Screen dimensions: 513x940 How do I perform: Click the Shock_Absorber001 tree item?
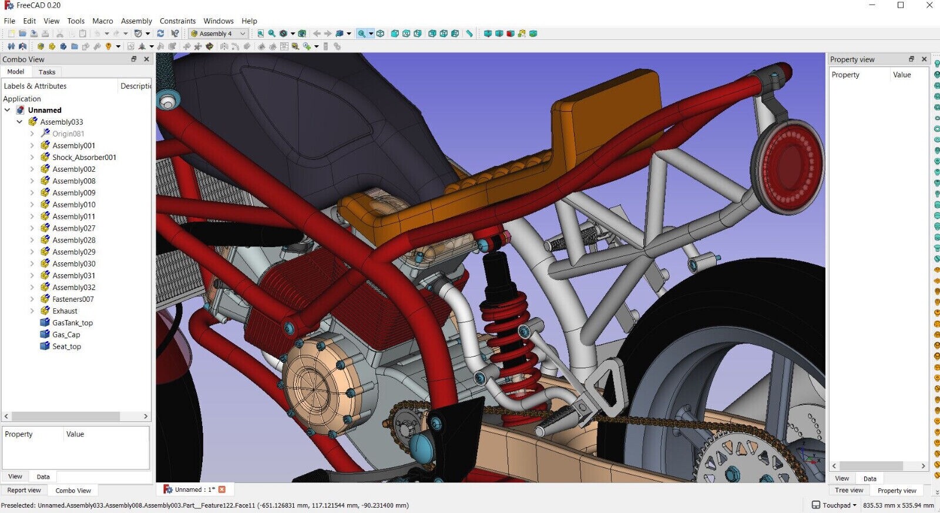(84, 157)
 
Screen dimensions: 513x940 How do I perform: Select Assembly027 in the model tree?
(73, 228)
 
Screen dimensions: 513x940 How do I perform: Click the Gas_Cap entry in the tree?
(66, 335)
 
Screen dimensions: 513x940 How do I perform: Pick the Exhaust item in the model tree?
(65, 311)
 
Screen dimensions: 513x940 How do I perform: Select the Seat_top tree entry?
(66, 347)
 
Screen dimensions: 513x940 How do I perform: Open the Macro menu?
(102, 21)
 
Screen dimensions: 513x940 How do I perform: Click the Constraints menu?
(177, 21)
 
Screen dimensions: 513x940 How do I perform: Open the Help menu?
(249, 21)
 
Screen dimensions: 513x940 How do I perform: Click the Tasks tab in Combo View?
(47, 72)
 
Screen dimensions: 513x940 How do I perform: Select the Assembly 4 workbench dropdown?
(218, 34)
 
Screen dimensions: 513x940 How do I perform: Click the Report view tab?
(24, 490)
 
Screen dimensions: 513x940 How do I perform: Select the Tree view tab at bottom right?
(849, 490)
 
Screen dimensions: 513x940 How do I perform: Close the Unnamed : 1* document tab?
(222, 489)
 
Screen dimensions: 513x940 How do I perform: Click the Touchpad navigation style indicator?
(835, 505)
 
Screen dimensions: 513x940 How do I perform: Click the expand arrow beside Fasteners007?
(32, 299)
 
